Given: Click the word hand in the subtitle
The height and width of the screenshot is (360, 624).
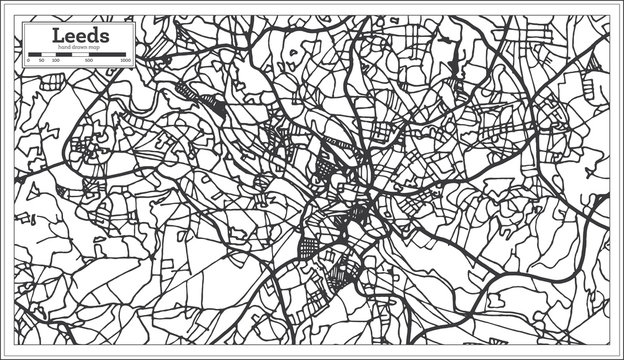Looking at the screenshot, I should click(64, 48).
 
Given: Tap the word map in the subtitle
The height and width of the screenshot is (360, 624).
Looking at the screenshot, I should click(96, 48).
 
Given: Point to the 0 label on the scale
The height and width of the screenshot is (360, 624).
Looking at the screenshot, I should click(27, 61).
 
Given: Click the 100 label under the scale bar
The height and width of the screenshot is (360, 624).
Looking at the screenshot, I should click(55, 61).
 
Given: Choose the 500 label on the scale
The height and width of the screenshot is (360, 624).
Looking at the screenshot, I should click(90, 61).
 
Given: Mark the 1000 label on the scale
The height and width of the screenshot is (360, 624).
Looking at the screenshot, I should click(126, 61).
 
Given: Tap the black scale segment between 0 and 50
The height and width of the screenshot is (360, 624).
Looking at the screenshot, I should click(34, 54).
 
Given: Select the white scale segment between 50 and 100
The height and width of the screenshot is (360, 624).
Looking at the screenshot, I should click(48, 54).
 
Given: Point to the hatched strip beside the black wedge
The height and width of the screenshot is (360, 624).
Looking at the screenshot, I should click(191, 91).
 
